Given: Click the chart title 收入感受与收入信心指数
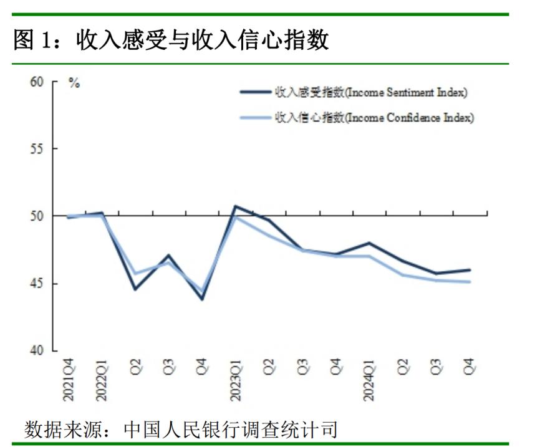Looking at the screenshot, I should click(171, 42).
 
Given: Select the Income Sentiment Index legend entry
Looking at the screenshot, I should click(372, 92).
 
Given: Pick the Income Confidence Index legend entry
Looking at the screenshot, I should click(375, 118).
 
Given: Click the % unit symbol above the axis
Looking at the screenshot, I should click(74, 84).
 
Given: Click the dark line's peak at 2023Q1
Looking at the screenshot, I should click(236, 206).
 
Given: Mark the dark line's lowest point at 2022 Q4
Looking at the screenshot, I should click(202, 299).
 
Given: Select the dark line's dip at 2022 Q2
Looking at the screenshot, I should click(135, 289).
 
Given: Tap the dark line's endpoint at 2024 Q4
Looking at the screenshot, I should click(470, 270).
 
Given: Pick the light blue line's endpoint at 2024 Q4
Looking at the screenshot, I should click(470, 282).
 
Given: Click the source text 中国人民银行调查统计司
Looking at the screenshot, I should click(231, 430).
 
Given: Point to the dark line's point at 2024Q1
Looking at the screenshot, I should click(369, 243).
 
